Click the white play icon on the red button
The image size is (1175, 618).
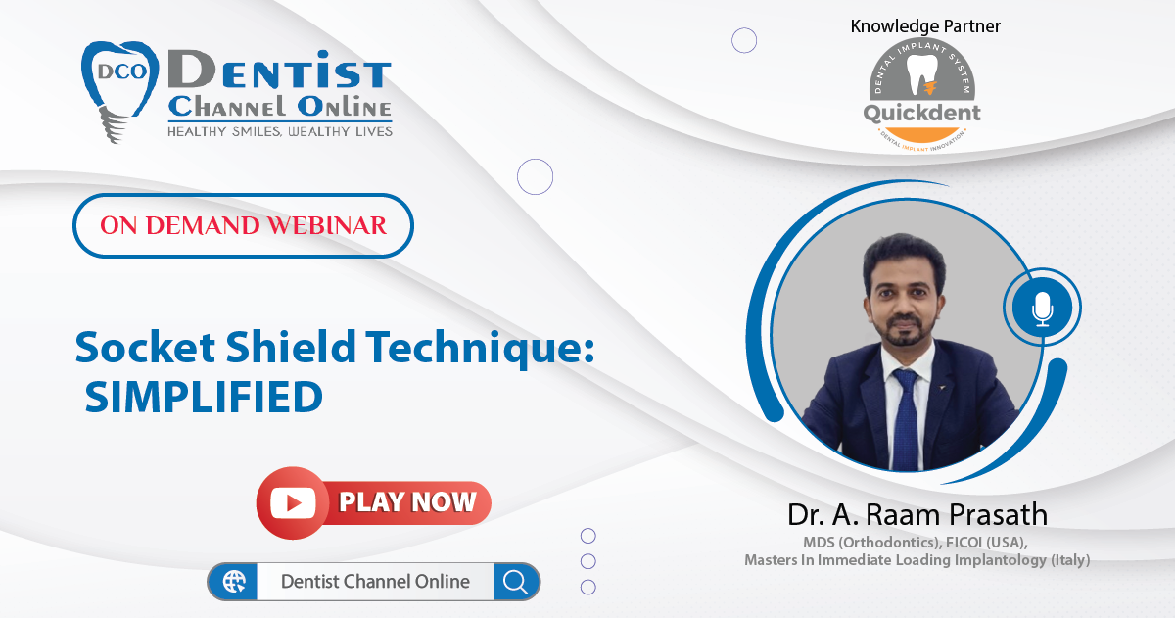[294, 502]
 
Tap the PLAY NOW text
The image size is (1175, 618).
[407, 502]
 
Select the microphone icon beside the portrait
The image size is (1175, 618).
[1042, 308]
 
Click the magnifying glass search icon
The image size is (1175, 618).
[515, 582]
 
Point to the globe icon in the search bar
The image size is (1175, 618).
[234, 582]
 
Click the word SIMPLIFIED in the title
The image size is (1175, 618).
[204, 397]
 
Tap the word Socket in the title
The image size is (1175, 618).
[145, 347]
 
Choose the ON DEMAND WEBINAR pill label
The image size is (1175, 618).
[243, 225]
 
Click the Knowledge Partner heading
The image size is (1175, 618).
[925, 26]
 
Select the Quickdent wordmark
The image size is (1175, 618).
[921, 113]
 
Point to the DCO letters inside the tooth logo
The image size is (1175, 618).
[121, 71]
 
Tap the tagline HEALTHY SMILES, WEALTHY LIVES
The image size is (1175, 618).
[280, 131]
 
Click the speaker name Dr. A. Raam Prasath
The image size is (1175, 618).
[917, 514]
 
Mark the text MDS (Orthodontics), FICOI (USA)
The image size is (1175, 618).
[916, 542]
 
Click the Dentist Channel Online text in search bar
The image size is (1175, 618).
[375, 582]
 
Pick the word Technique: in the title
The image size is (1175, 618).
[481, 349]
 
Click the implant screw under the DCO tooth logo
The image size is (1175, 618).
[114, 124]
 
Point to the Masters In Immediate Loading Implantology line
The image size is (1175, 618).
[916, 560]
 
